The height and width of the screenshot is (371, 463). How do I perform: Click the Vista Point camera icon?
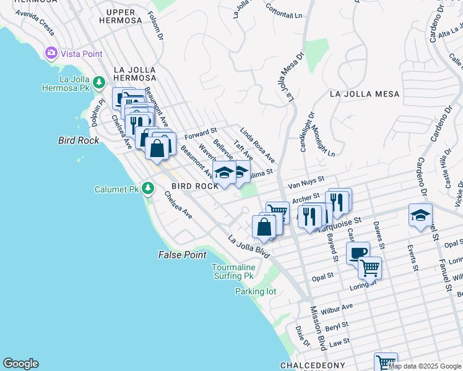[x=51, y=54]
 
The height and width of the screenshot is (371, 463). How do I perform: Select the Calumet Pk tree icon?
[x=147, y=188]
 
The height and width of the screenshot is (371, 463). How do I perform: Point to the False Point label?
[x=182, y=255]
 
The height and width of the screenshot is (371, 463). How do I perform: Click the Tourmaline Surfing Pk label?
[x=233, y=271]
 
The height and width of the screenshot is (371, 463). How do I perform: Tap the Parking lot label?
[x=255, y=292]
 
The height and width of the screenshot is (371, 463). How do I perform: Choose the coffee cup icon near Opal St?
[x=357, y=252]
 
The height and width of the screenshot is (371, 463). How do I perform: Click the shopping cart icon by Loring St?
[x=370, y=268]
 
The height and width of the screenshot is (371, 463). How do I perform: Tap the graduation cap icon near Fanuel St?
[x=420, y=215]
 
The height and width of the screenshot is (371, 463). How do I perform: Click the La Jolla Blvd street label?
[x=249, y=247]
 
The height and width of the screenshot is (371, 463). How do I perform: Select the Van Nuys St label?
[x=306, y=182]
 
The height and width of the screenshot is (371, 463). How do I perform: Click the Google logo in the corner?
[x=20, y=364]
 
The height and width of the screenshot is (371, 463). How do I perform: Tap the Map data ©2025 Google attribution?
[x=425, y=366]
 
